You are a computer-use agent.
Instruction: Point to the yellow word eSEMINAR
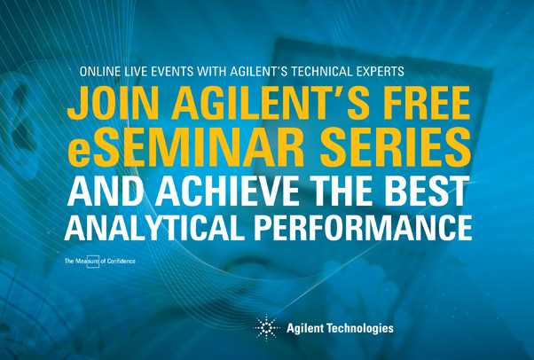(186, 148)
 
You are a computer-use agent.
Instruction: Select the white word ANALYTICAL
(154, 227)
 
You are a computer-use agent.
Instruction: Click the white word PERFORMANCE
(363, 227)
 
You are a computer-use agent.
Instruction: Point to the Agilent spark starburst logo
(266, 328)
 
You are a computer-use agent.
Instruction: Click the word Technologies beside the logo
(360, 329)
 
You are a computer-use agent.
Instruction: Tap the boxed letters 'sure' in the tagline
(93, 262)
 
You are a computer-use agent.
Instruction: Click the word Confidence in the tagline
(122, 262)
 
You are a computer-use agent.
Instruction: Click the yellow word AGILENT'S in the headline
(270, 103)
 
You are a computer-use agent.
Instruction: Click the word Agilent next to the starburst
(304, 329)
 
